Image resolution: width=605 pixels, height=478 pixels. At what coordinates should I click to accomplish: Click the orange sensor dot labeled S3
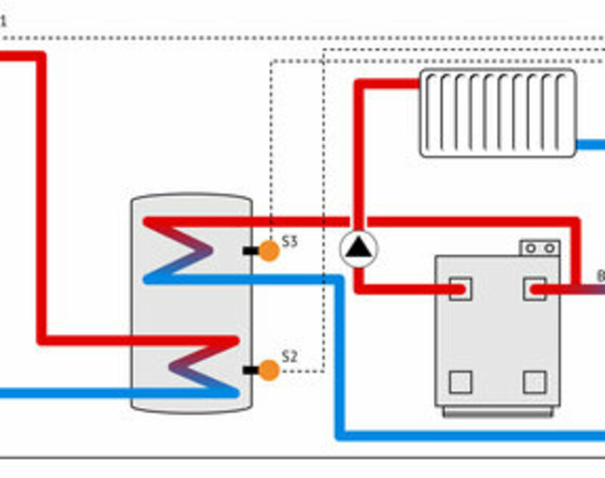268,251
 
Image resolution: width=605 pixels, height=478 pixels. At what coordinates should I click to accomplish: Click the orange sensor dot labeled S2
268,370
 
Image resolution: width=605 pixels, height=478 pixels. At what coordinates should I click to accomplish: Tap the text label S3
290,242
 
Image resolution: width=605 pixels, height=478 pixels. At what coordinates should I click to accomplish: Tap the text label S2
290,355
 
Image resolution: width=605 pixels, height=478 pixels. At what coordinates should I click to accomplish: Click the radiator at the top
498,113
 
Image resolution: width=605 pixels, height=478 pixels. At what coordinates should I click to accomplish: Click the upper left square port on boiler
460,288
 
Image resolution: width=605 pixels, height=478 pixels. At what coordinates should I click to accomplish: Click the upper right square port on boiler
534,288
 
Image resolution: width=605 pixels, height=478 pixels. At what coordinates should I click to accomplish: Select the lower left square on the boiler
460,381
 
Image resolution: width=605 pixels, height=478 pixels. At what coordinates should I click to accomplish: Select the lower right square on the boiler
534,381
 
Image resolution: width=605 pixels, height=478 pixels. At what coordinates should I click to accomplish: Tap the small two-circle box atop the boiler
539,248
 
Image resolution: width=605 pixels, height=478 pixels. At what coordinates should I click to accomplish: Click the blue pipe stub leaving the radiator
591,143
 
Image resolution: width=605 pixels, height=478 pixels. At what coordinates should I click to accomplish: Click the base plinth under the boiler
497,411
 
